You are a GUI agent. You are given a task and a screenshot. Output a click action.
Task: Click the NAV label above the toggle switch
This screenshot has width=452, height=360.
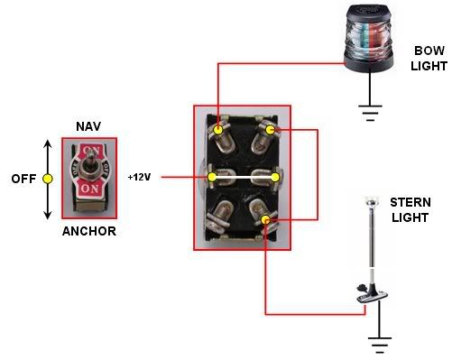88,125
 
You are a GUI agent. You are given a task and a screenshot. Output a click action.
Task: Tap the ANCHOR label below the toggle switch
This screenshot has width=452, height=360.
89,232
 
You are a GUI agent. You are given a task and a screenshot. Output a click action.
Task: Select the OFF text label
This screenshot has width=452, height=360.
23,179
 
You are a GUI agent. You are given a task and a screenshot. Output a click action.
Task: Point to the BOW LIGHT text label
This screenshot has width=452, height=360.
429,59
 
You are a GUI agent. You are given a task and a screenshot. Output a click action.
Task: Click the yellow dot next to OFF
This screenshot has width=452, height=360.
48,179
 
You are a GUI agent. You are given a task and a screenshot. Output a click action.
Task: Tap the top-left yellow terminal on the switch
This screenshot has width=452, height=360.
218,131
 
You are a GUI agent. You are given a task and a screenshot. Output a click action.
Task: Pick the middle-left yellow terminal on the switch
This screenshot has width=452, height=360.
212,177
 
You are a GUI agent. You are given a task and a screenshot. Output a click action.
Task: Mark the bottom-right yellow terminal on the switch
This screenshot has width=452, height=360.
265,221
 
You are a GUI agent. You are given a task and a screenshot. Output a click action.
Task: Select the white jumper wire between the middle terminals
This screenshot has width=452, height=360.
243,177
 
